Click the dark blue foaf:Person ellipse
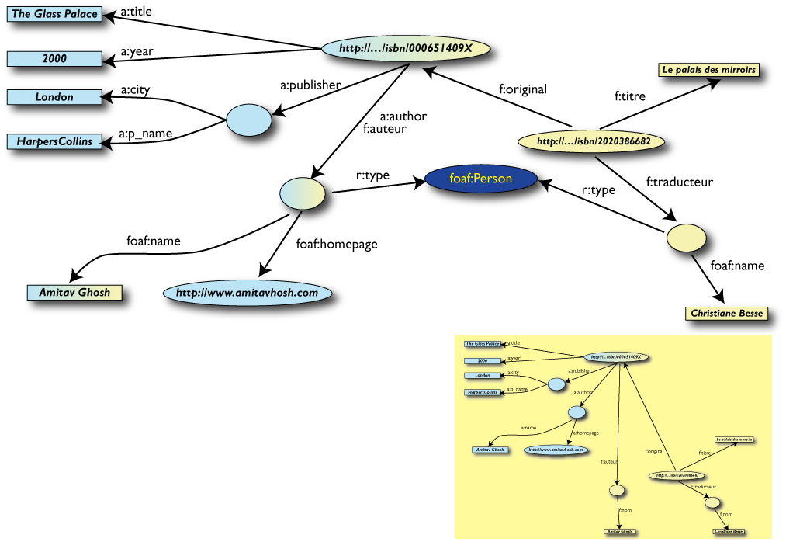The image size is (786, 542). (481, 179)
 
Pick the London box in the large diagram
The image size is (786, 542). (54, 97)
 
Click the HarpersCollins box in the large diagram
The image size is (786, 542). (54, 141)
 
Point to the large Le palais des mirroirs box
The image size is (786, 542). (708, 70)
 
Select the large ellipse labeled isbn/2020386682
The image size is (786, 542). (594, 141)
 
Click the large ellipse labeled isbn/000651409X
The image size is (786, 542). (407, 48)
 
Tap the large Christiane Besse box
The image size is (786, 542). (725, 314)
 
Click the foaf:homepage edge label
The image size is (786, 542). (337, 244)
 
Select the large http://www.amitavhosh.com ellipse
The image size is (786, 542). (248, 293)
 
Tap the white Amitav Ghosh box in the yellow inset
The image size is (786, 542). (618, 532)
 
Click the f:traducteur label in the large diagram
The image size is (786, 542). (679, 182)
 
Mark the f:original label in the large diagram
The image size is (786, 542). (523, 89)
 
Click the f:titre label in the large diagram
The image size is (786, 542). (630, 97)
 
